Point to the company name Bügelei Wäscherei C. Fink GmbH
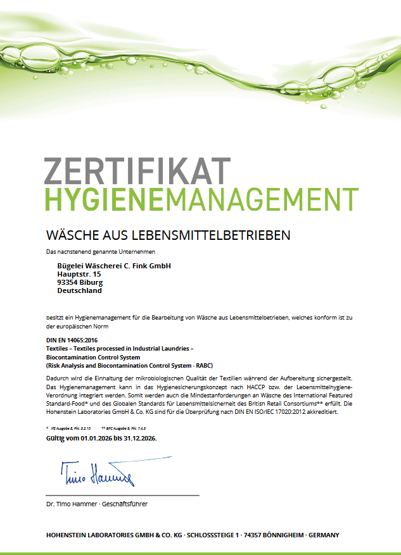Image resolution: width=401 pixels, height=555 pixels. tap(114, 265)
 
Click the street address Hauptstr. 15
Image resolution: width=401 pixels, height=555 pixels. tap(79, 274)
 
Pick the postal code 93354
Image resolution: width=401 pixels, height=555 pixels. tap(67, 282)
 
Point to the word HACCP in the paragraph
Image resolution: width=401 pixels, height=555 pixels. tap(268, 386)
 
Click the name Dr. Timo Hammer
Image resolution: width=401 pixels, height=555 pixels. tap(70, 504)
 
